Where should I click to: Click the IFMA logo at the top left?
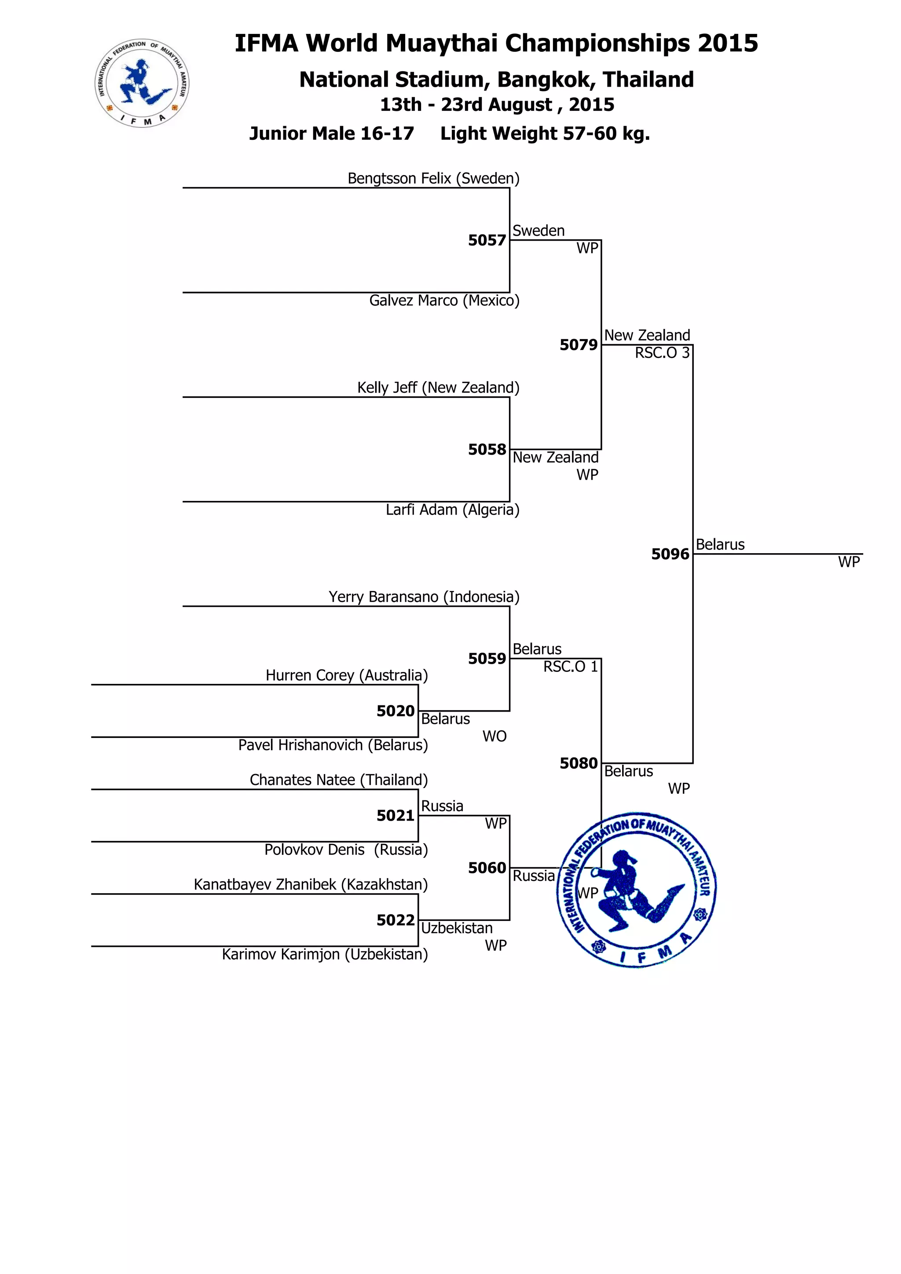pyautogui.click(x=142, y=83)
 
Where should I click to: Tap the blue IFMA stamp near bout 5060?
pyautogui.click(x=637, y=891)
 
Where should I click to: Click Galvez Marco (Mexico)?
pyautogui.click(x=444, y=301)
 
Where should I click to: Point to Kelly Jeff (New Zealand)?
pyautogui.click(x=438, y=388)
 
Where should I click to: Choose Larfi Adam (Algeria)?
pyautogui.click(x=452, y=510)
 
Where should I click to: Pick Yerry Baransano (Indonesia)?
pyautogui.click(x=424, y=597)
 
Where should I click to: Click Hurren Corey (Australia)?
pyautogui.click(x=346, y=675)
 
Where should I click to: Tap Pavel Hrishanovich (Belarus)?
pyautogui.click(x=333, y=745)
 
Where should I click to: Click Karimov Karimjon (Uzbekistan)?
pyautogui.click(x=325, y=954)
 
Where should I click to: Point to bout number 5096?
pyautogui.click(x=670, y=554)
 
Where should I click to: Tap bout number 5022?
pyautogui.click(x=395, y=920)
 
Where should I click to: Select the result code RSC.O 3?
pyautogui.click(x=662, y=353)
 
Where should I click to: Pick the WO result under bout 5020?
pyautogui.click(x=494, y=736)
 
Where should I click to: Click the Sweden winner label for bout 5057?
pyautogui.click(x=538, y=231)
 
